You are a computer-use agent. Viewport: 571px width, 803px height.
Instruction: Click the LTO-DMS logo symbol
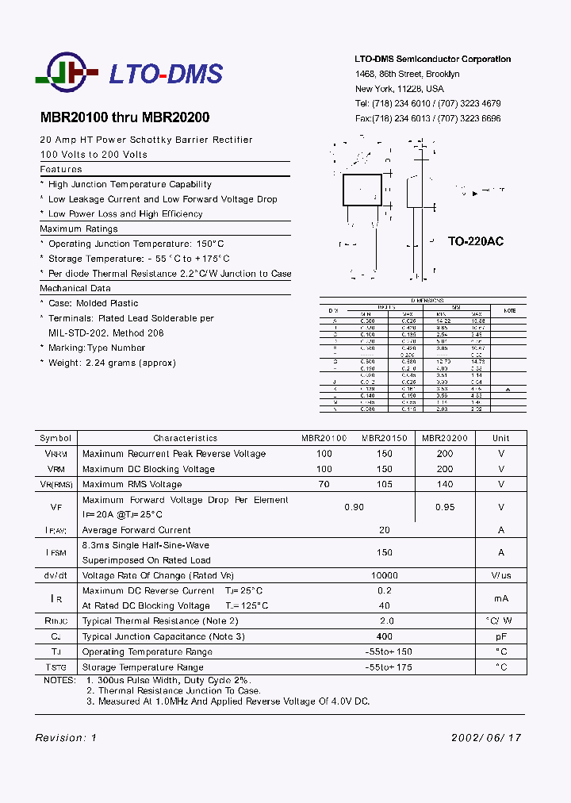[67, 75]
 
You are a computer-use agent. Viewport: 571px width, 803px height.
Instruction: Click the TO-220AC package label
[475, 241]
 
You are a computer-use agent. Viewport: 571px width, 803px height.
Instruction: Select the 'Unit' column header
[500, 438]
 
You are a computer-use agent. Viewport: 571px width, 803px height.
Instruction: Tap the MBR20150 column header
[385, 438]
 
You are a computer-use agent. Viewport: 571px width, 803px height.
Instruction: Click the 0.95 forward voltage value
[445, 507]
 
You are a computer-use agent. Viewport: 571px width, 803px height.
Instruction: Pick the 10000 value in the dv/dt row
[385, 575]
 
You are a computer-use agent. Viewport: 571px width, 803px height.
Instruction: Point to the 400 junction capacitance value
[385, 636]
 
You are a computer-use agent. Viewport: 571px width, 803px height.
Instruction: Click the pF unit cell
[500, 636]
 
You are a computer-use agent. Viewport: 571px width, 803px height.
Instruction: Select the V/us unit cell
[500, 575]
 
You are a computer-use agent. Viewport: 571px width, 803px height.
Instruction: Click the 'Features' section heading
[61, 169]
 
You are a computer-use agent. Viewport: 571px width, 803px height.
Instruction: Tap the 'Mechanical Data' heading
[75, 288]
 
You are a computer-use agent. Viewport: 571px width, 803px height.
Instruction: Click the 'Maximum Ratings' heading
[79, 229]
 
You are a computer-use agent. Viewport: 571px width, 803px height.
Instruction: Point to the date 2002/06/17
[486, 737]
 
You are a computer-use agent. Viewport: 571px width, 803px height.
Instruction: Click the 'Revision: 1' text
[66, 737]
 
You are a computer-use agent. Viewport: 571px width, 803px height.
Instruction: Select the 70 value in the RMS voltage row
[324, 484]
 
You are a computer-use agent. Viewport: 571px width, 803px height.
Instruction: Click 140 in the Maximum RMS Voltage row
[445, 484]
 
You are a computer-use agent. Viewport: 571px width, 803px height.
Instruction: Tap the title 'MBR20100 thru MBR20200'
[125, 117]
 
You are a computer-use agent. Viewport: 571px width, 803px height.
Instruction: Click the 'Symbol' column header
[56, 438]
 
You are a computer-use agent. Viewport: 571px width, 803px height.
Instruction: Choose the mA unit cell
[500, 598]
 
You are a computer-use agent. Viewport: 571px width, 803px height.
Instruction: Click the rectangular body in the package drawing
[362, 189]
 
